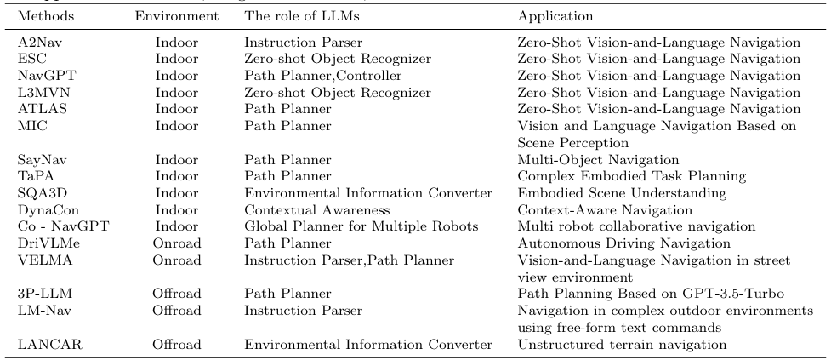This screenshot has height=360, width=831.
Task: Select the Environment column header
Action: click(x=178, y=16)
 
